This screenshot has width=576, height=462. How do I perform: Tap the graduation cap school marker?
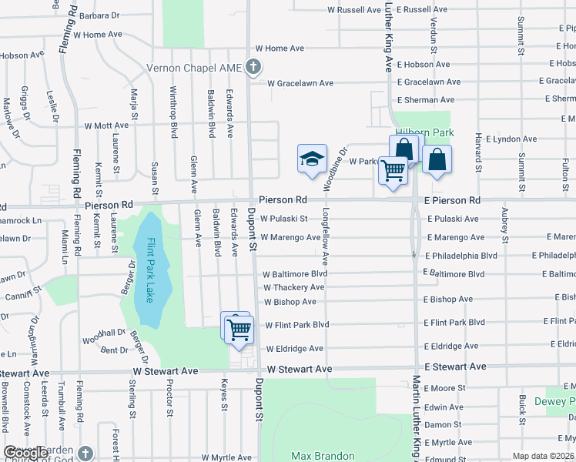[312, 159]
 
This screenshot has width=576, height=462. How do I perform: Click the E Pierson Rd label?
[452, 200]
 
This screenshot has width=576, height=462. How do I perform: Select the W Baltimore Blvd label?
[295, 274]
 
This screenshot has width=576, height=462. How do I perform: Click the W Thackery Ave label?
[293, 287]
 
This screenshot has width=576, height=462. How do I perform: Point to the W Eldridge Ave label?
[294, 349]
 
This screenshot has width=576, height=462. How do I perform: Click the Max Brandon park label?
[323, 456]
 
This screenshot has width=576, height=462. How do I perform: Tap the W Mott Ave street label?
[106, 126]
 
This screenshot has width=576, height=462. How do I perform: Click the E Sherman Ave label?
[425, 100]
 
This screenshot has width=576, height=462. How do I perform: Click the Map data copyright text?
[543, 456]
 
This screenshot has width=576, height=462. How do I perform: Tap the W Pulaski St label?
[283, 219]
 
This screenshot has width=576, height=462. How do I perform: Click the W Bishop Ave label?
[290, 302]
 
